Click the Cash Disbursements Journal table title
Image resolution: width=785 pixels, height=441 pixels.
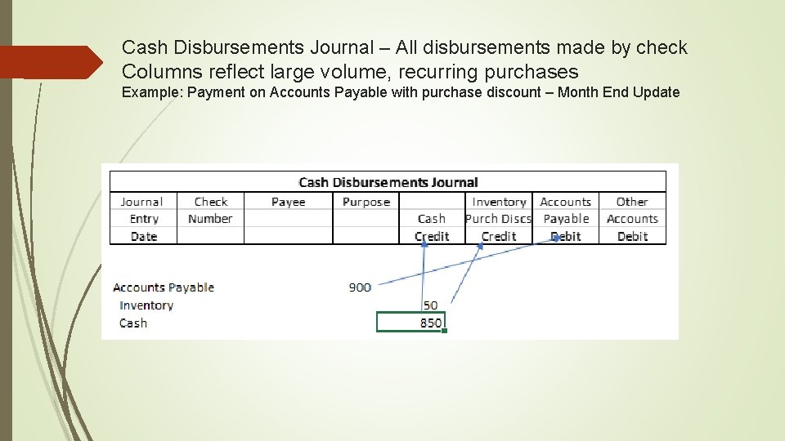click(x=388, y=182)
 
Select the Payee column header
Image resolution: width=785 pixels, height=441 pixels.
click(x=288, y=202)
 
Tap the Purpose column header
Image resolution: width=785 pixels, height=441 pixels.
click(x=366, y=202)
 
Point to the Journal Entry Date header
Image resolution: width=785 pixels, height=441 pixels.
click(x=143, y=219)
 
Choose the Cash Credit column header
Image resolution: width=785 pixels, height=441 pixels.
click(x=432, y=227)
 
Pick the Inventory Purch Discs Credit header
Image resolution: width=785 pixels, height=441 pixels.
click(x=499, y=219)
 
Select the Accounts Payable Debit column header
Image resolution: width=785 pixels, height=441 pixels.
click(x=566, y=219)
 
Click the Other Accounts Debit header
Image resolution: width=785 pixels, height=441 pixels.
click(x=632, y=219)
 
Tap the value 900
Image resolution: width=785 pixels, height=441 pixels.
click(x=360, y=287)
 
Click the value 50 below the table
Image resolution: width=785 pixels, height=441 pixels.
click(x=430, y=305)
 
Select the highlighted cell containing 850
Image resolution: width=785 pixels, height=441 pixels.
click(x=410, y=323)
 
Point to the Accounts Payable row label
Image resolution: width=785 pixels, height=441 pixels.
click(x=164, y=287)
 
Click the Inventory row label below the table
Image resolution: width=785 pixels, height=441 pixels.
click(x=146, y=305)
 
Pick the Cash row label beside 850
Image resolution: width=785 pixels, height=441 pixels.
click(x=133, y=323)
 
